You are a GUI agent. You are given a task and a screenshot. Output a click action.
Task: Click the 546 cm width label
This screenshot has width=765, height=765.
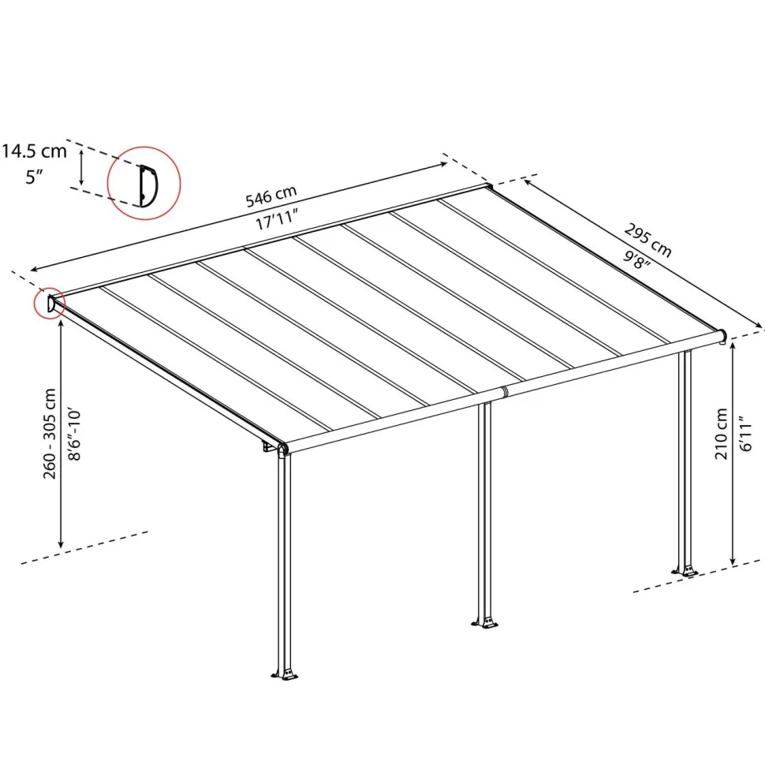[x=271, y=196]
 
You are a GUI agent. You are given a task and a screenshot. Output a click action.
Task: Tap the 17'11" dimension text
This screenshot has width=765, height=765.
[x=277, y=219]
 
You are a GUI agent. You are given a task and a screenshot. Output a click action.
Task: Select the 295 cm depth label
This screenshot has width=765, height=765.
[x=648, y=241]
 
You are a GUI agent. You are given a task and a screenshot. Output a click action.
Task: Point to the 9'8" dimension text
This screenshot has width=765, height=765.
[x=636, y=259]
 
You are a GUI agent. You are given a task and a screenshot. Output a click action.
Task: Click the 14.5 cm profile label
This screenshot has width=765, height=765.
[x=34, y=151]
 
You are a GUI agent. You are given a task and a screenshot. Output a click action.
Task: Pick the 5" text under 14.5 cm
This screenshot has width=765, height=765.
[x=35, y=177]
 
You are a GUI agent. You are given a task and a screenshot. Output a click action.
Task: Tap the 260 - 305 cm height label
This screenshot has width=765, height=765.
[x=50, y=434]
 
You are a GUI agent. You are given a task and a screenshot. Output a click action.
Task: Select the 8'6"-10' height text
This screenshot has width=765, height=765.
[x=74, y=434]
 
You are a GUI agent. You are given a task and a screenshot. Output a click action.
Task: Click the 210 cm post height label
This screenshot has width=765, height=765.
[x=721, y=434]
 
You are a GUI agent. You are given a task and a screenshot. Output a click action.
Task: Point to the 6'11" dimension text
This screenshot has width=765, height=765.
[x=746, y=434]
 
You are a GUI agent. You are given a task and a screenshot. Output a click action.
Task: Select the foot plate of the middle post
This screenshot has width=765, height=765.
[x=485, y=623]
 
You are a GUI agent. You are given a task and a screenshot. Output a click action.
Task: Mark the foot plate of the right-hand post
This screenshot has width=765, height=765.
[x=686, y=570]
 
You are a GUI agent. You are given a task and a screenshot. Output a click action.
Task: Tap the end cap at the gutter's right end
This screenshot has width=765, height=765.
[x=722, y=336]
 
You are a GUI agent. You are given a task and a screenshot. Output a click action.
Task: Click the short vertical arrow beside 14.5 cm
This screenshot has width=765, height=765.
[x=81, y=167]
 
